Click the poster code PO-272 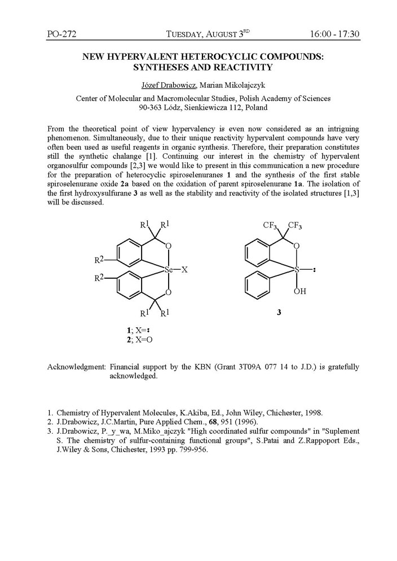click(x=61, y=34)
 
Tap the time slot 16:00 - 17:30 click(x=334, y=34)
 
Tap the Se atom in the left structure click(x=169, y=270)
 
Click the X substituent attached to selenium click(x=184, y=270)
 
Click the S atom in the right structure click(x=297, y=270)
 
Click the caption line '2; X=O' click(x=139, y=340)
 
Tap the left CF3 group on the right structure click(x=272, y=226)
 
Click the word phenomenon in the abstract click(x=70, y=139)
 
